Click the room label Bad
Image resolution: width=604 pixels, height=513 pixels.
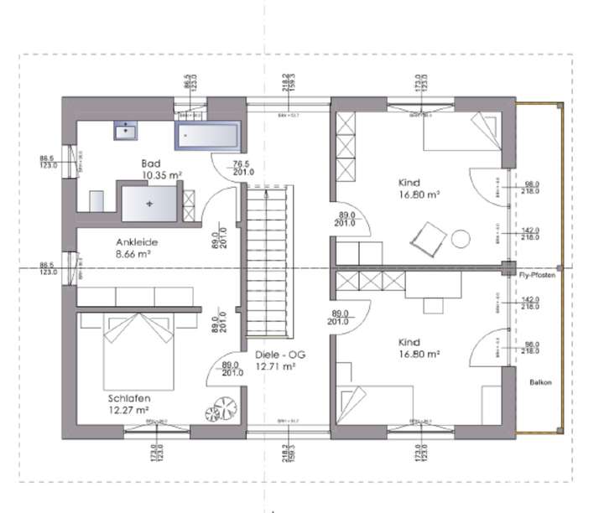click(x=151, y=163)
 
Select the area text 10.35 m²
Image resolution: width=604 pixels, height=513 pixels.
click(x=163, y=175)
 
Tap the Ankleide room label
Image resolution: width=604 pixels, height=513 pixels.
click(x=137, y=241)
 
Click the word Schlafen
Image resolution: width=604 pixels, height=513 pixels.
click(x=128, y=398)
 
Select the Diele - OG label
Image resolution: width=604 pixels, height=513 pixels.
click(x=280, y=355)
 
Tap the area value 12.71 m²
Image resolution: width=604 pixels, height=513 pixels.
click(x=280, y=366)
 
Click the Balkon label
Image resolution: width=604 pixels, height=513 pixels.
click(x=540, y=381)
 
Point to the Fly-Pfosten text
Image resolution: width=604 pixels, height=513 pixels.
click(x=537, y=275)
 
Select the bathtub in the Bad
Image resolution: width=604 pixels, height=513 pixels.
click(x=206, y=134)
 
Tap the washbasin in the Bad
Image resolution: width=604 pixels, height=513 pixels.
click(x=128, y=130)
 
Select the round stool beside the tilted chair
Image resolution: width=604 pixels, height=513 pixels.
click(x=460, y=239)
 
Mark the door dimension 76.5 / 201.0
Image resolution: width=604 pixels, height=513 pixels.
click(x=242, y=168)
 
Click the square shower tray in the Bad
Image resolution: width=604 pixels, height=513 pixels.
click(x=150, y=204)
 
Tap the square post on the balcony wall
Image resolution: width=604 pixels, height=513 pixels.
click(x=507, y=268)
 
